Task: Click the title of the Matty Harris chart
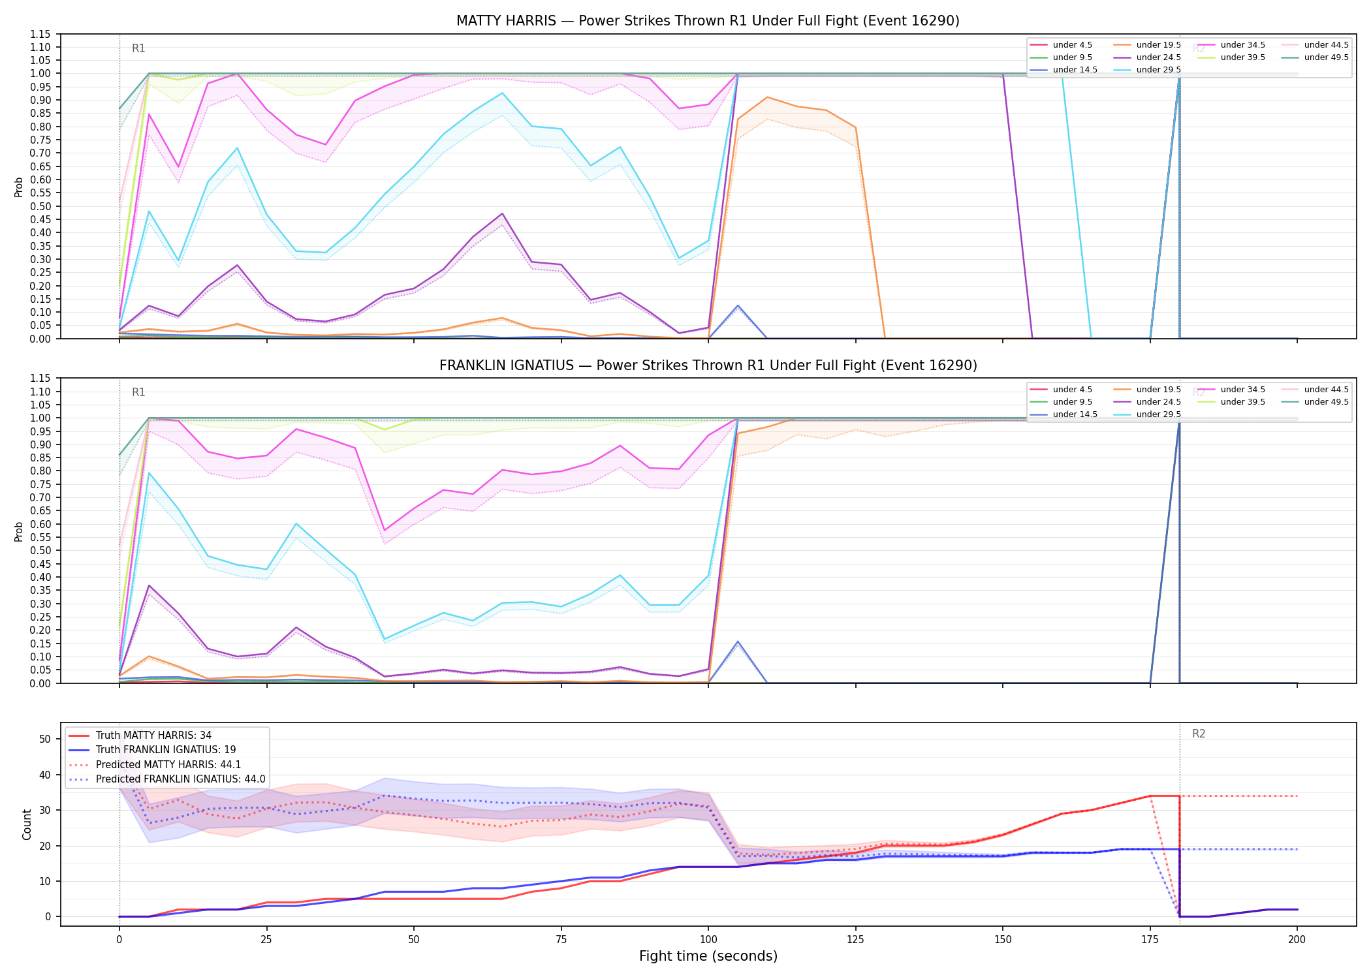click(x=708, y=21)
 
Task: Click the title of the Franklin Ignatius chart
click(x=708, y=365)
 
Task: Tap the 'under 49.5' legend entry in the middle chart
click(x=1315, y=402)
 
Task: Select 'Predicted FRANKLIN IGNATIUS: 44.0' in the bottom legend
click(x=166, y=779)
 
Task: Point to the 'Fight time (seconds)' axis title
click(x=708, y=956)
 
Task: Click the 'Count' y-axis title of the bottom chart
click(x=27, y=824)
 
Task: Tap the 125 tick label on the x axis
click(x=855, y=940)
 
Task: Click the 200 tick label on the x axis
click(x=1297, y=940)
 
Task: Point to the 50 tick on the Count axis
click(x=45, y=739)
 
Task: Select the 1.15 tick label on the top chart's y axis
click(x=40, y=34)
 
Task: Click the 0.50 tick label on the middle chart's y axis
click(x=40, y=551)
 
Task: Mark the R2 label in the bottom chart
click(x=1199, y=734)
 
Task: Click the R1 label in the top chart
click(x=138, y=48)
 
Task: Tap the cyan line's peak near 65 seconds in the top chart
click(x=502, y=93)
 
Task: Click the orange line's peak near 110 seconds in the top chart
click(x=767, y=97)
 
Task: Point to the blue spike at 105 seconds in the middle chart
click(x=738, y=642)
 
